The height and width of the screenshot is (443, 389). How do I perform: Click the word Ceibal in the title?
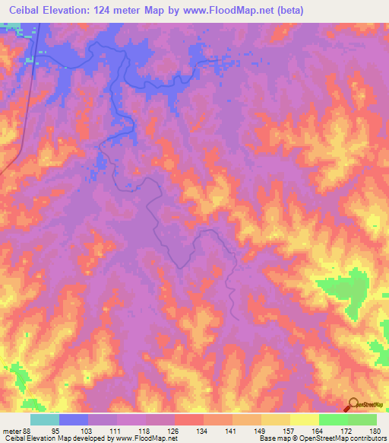(29, 10)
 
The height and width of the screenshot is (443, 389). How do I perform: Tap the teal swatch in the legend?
(44, 420)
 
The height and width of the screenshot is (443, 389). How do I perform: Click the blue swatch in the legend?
(73, 420)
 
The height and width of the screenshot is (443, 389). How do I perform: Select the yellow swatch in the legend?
(304, 420)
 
